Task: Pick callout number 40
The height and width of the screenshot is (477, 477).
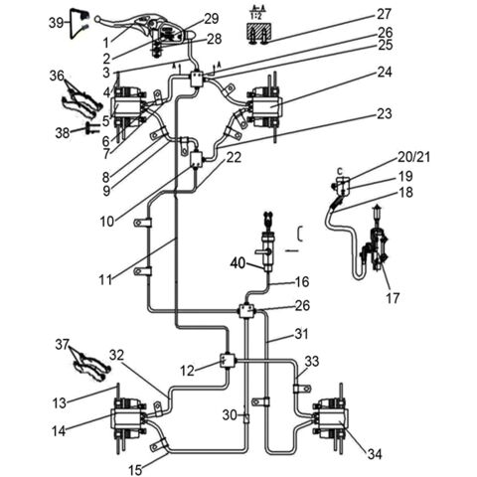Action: point(238,262)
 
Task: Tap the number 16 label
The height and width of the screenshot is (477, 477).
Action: point(302,281)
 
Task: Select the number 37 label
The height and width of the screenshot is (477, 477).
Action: point(62,345)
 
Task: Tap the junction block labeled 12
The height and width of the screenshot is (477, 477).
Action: point(227,362)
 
